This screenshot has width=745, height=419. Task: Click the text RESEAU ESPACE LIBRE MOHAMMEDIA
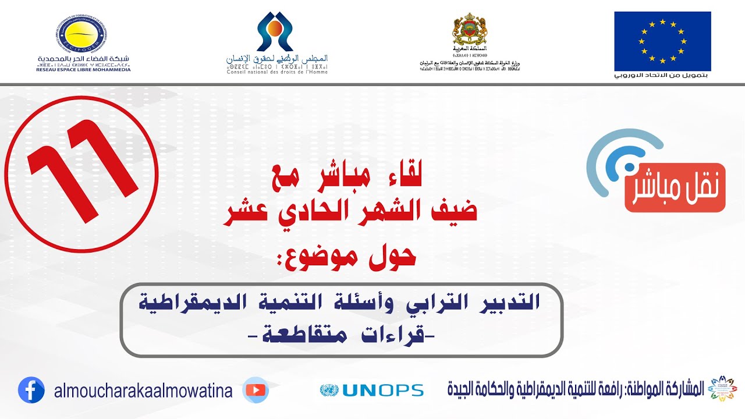(x=84, y=69)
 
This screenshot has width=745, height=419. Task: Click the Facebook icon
(x=31, y=390)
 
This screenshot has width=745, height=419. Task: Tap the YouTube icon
(x=256, y=390)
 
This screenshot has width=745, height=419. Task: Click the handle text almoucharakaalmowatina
(x=143, y=391)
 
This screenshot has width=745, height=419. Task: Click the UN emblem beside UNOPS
(x=329, y=390)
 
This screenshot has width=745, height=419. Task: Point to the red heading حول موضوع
(x=350, y=257)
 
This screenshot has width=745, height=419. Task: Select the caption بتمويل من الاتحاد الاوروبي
(x=662, y=76)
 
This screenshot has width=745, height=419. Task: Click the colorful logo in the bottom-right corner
(x=722, y=389)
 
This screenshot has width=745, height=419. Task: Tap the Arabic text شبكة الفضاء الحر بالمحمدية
(x=84, y=59)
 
